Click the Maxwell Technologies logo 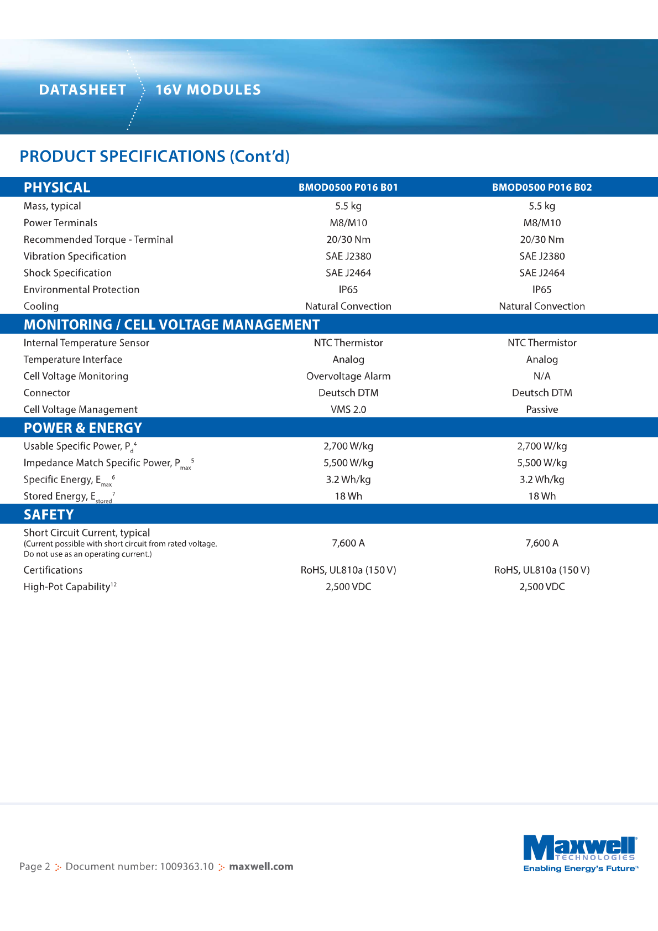tap(580, 849)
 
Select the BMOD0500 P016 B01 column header tap(348, 188)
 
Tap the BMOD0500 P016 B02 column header tap(542, 188)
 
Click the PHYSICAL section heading tap(57, 188)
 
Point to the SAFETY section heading tap(49, 514)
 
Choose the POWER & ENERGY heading tap(83, 428)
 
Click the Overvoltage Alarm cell tap(348, 376)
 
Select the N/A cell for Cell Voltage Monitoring tap(542, 376)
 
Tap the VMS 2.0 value tap(348, 409)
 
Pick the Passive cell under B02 tap(542, 409)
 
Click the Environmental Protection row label tap(81, 289)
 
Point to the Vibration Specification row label tap(75, 256)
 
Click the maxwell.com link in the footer tap(261, 866)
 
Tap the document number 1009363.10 tap(186, 866)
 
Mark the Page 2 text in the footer tap(35, 866)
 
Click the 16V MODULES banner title tap(208, 90)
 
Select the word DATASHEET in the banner tap(82, 90)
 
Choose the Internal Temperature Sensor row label tap(86, 343)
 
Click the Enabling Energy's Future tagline tap(581, 868)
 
